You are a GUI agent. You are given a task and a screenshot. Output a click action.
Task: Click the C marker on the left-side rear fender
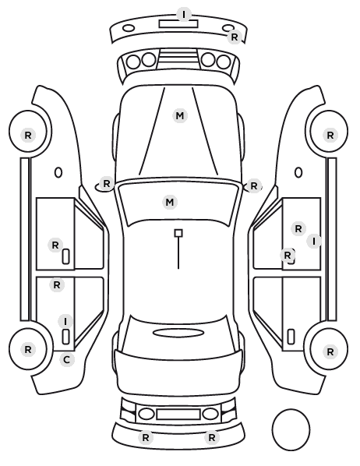pos(66,360)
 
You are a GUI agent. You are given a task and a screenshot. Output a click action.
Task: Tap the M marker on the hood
pos(180,115)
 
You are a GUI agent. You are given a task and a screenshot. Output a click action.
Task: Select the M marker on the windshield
pos(170,202)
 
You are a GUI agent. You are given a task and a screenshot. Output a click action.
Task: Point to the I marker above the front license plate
pos(184,14)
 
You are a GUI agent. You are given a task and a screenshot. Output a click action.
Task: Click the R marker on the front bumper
pos(235,37)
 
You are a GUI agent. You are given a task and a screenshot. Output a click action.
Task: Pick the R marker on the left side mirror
pos(107,183)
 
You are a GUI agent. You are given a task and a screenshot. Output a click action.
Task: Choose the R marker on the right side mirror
pos(253,186)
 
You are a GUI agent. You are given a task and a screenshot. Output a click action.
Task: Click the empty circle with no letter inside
pos(291,429)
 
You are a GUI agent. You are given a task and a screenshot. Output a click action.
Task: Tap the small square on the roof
pos(178,233)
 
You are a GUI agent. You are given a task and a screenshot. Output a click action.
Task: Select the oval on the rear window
pos(178,333)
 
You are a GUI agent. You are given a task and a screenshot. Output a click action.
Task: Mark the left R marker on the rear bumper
pos(146,437)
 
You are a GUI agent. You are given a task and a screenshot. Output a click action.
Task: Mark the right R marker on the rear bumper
pos(211,437)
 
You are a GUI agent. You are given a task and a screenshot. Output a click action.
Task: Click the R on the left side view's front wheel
pos(28,136)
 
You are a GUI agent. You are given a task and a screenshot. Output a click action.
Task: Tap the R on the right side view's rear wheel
pos(330,352)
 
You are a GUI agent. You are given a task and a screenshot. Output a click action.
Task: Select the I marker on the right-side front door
pos(314,241)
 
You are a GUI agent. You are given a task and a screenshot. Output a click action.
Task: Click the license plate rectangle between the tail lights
pos(178,415)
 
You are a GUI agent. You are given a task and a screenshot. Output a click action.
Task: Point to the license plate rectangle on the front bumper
pos(178,24)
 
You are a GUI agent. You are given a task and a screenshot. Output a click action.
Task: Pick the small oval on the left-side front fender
pos(58,172)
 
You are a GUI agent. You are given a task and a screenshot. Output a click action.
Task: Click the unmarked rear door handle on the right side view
pos(291,337)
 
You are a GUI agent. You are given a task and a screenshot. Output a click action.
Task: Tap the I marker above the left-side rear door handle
pos(65,321)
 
